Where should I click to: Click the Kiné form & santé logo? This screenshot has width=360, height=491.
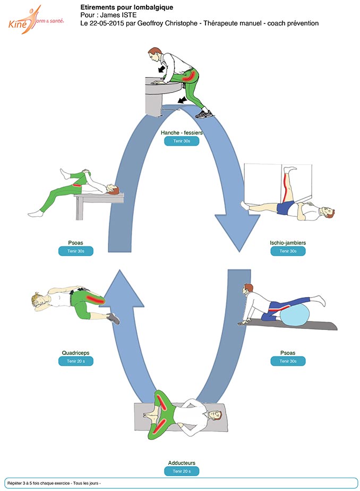(x=36, y=20)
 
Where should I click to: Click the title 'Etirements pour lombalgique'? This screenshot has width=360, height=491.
(x=127, y=7)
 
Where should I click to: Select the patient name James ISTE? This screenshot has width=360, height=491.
(x=118, y=15)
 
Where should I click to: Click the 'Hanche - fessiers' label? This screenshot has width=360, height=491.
(x=182, y=132)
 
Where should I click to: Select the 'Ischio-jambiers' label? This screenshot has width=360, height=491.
(x=288, y=243)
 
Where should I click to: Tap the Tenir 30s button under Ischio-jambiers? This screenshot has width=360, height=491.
(x=288, y=251)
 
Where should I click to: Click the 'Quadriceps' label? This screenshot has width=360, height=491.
(x=76, y=353)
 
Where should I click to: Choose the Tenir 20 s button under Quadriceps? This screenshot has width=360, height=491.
(x=76, y=361)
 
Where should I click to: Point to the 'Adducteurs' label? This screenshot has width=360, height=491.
(x=182, y=463)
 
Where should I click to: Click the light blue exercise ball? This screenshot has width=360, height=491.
(x=294, y=314)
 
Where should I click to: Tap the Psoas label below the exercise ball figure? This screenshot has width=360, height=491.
(x=288, y=353)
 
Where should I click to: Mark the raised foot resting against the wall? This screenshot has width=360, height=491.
(x=289, y=170)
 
